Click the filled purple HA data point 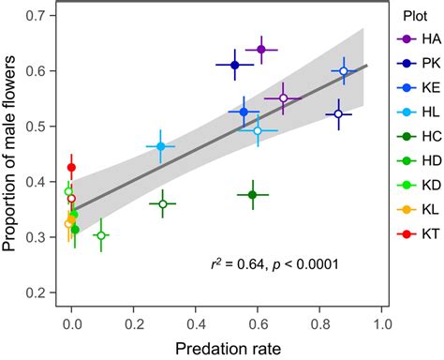[261, 49]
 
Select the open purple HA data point [283, 97]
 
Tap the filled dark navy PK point [235, 65]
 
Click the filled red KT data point [71, 167]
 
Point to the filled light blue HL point [160, 146]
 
